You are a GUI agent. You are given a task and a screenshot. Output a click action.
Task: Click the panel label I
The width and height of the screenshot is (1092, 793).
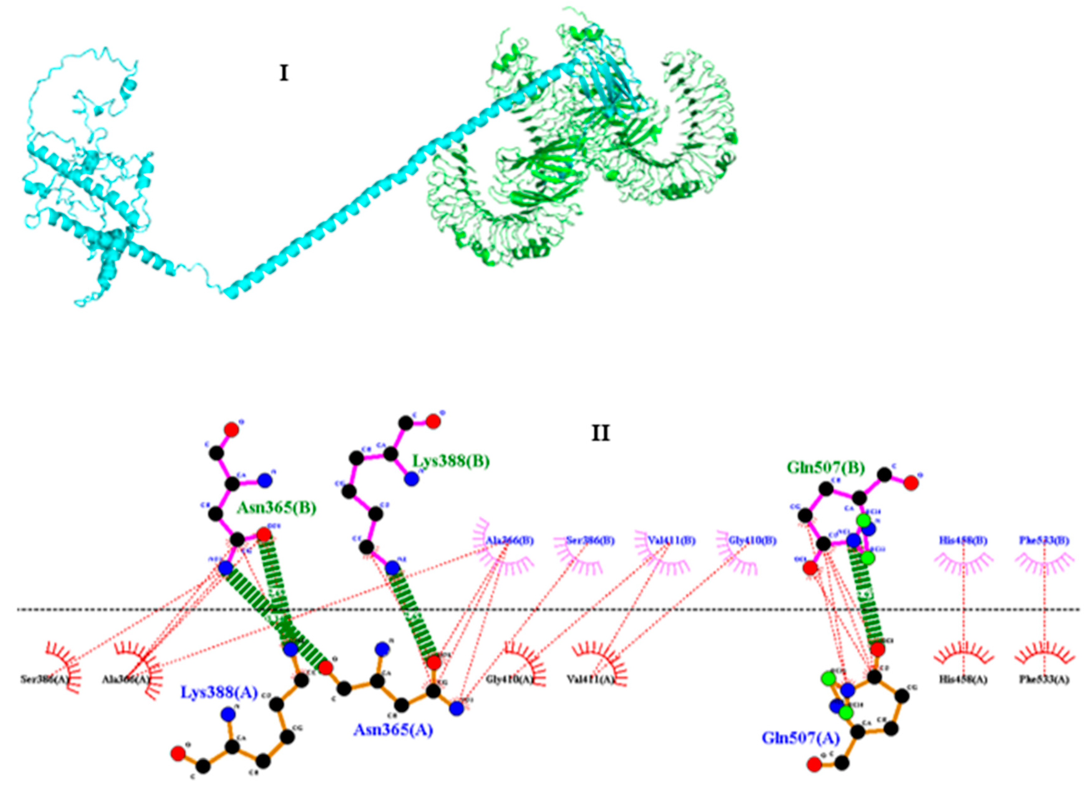click(x=284, y=74)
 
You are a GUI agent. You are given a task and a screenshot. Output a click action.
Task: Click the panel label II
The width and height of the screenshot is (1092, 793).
click(x=601, y=434)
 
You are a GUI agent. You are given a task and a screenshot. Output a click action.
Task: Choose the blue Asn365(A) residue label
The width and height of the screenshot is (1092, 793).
click(x=393, y=730)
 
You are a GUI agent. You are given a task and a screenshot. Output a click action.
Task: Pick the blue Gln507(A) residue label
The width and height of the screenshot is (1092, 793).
click(x=801, y=738)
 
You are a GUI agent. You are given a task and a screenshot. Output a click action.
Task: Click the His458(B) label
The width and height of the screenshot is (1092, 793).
click(x=963, y=541)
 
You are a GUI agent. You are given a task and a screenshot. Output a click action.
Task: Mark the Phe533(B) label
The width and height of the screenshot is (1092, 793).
click(x=1044, y=541)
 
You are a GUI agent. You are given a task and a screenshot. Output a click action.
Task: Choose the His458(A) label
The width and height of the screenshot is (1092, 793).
click(x=963, y=680)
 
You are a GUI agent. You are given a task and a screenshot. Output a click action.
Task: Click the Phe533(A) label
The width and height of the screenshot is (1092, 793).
click(x=1044, y=680)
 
